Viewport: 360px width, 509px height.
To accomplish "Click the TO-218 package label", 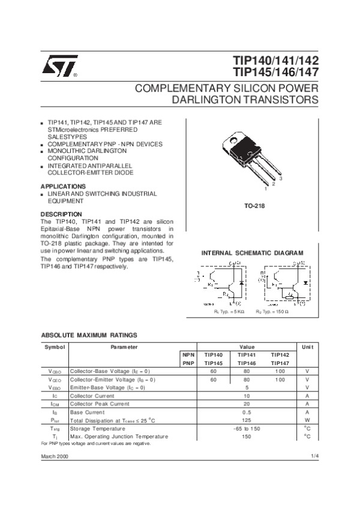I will (254, 206).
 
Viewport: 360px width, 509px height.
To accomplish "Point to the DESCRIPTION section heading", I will (61, 214).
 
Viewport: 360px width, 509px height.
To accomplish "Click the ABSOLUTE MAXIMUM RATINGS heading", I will (89, 335).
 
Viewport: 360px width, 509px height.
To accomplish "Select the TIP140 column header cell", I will (213, 355).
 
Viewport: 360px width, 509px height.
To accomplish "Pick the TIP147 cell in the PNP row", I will (280, 363).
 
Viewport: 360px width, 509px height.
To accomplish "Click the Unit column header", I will (307, 347).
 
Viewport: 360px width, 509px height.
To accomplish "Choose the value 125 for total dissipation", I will (246, 421).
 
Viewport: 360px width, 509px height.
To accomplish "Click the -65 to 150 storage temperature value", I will (246, 429).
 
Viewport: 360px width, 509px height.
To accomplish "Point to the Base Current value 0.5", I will (246, 412).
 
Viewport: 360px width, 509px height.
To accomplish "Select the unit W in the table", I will (307, 421).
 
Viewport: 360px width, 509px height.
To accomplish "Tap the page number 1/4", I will (314, 457).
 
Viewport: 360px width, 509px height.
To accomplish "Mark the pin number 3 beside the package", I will (280, 179).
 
